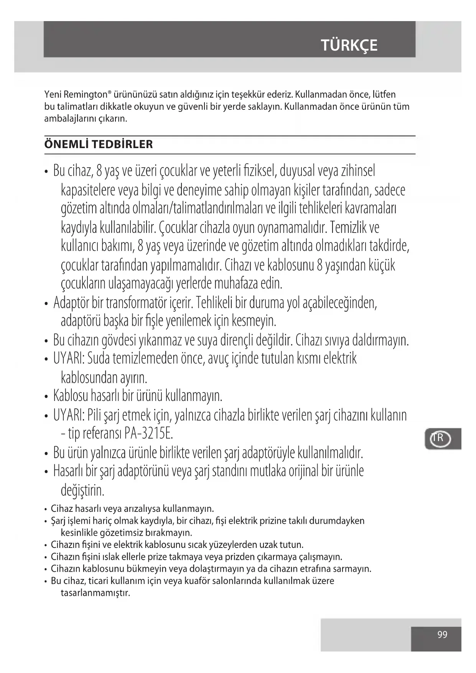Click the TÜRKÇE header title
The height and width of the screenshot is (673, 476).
(349, 45)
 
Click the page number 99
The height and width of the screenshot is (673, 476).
(442, 634)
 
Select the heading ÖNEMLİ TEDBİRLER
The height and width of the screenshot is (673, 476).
(99, 145)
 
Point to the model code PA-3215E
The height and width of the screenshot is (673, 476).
(148, 434)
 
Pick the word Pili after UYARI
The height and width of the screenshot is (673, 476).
(93, 415)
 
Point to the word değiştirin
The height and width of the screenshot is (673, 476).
(82, 490)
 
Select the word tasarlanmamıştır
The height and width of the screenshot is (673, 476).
(96, 593)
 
